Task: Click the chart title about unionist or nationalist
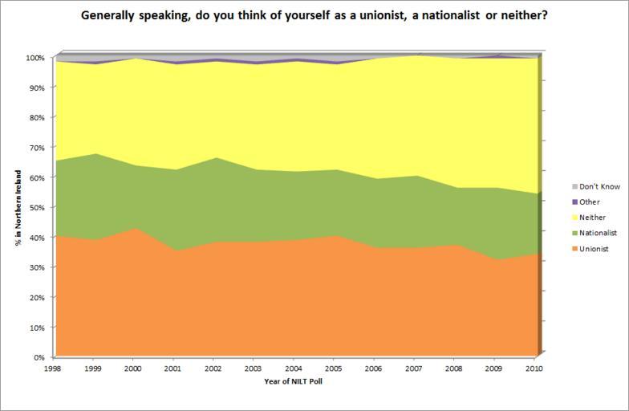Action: pyautogui.click(x=314, y=14)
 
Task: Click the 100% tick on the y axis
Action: pyautogui.click(x=35, y=58)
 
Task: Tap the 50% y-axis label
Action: pyautogui.click(x=37, y=207)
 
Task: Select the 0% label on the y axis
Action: pyautogui.click(x=39, y=356)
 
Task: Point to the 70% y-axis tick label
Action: pyautogui.click(x=37, y=148)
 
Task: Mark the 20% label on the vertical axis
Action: pyautogui.click(x=37, y=297)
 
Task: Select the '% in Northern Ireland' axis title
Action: pyautogui.click(x=18, y=207)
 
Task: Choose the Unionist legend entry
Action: pyautogui.click(x=594, y=249)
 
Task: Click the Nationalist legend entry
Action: pyautogui.click(x=598, y=233)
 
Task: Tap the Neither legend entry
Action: pyautogui.click(x=592, y=218)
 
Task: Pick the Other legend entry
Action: pyautogui.click(x=590, y=202)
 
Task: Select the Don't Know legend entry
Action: pyautogui.click(x=599, y=186)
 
